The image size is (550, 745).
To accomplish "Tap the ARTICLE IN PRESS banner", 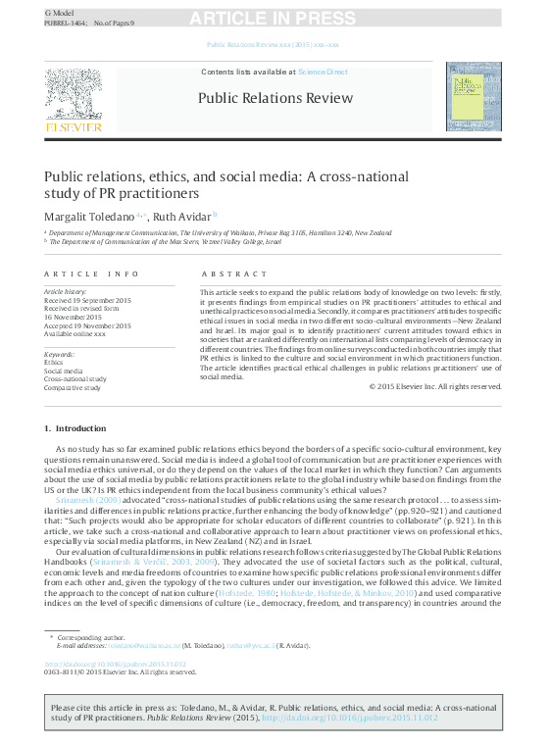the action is click(273, 19).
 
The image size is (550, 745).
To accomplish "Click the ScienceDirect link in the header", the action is click(323, 72).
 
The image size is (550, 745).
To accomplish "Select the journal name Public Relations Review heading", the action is click(275, 97).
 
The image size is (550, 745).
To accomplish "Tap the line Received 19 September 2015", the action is click(87, 300).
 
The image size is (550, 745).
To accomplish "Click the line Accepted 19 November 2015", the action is click(87, 324).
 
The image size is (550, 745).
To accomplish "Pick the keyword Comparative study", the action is click(73, 388).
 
